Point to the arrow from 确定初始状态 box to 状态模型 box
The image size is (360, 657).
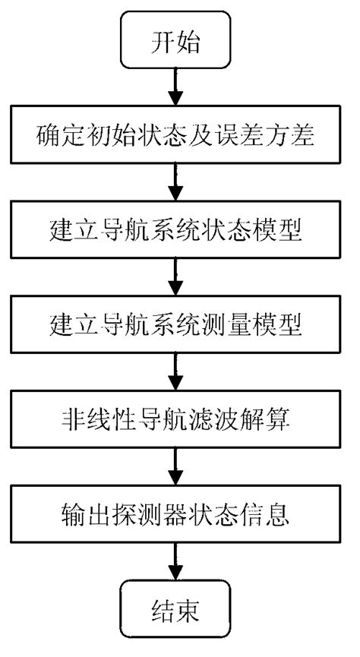pos(176,183)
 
